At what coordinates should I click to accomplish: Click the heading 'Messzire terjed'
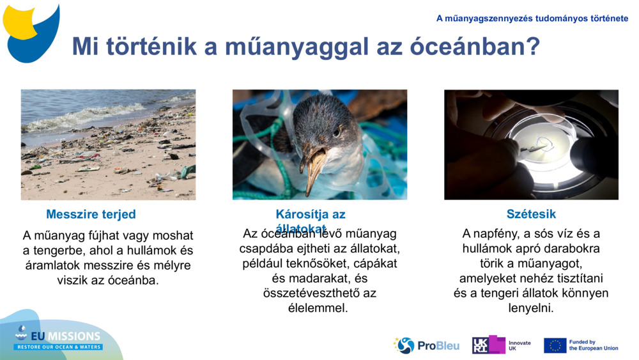pos(91,214)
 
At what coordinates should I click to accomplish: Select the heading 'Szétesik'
pos(531,214)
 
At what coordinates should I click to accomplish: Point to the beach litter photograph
pos(108,145)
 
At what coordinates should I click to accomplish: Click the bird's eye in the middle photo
pos(336,132)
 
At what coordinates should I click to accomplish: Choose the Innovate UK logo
pos(502,345)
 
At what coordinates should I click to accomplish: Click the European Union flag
pos(555,345)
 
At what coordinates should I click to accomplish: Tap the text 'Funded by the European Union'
pos(593,345)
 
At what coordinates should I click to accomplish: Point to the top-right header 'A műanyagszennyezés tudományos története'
pos(532,19)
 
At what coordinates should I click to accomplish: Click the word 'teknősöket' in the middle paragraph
pos(327,263)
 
